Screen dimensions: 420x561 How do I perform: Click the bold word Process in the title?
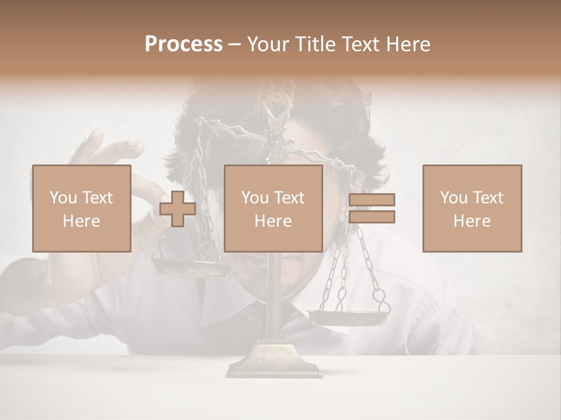pyautogui.click(x=183, y=44)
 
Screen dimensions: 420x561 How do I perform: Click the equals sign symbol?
pyautogui.click(x=372, y=209)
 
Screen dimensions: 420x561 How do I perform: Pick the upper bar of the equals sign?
pyautogui.click(x=372, y=200)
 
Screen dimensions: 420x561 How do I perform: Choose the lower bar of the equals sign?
pyautogui.click(x=372, y=217)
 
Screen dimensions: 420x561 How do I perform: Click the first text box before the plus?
pyautogui.click(x=81, y=208)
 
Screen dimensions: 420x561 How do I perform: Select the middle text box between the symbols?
pyautogui.click(x=273, y=208)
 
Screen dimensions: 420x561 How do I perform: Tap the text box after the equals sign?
pyautogui.click(x=472, y=208)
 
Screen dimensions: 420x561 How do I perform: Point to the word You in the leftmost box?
pyautogui.click(x=62, y=198)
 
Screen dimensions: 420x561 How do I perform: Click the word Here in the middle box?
pyautogui.click(x=273, y=221)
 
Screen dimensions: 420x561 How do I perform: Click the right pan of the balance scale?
pyautogui.click(x=348, y=317)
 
